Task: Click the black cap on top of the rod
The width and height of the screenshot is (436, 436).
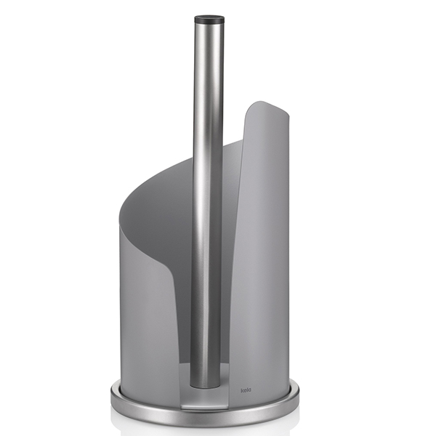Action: point(209,20)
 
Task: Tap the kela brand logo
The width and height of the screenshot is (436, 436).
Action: point(246,390)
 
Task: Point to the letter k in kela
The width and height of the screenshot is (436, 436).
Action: point(242,390)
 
